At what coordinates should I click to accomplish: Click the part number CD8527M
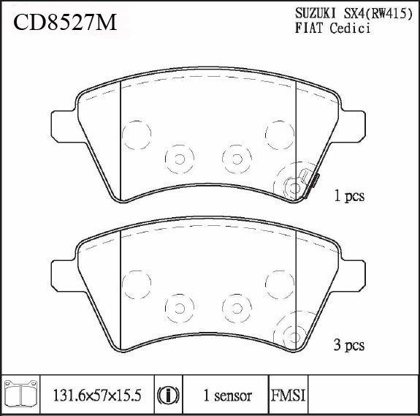pyautogui.click(x=65, y=23)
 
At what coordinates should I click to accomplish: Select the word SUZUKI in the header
pyautogui.click(x=316, y=13)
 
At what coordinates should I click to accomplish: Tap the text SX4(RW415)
pyautogui.click(x=378, y=14)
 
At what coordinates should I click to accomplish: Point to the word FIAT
pyautogui.click(x=309, y=28)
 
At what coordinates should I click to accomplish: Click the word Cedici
pyautogui.click(x=350, y=28)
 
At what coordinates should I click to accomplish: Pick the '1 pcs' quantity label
pyautogui.click(x=349, y=196)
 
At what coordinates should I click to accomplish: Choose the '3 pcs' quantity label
pyautogui.click(x=349, y=345)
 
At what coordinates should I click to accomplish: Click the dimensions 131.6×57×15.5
pyautogui.click(x=97, y=396)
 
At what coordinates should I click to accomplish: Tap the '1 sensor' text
pyautogui.click(x=228, y=396)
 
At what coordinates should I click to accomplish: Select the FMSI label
pyautogui.click(x=289, y=396)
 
